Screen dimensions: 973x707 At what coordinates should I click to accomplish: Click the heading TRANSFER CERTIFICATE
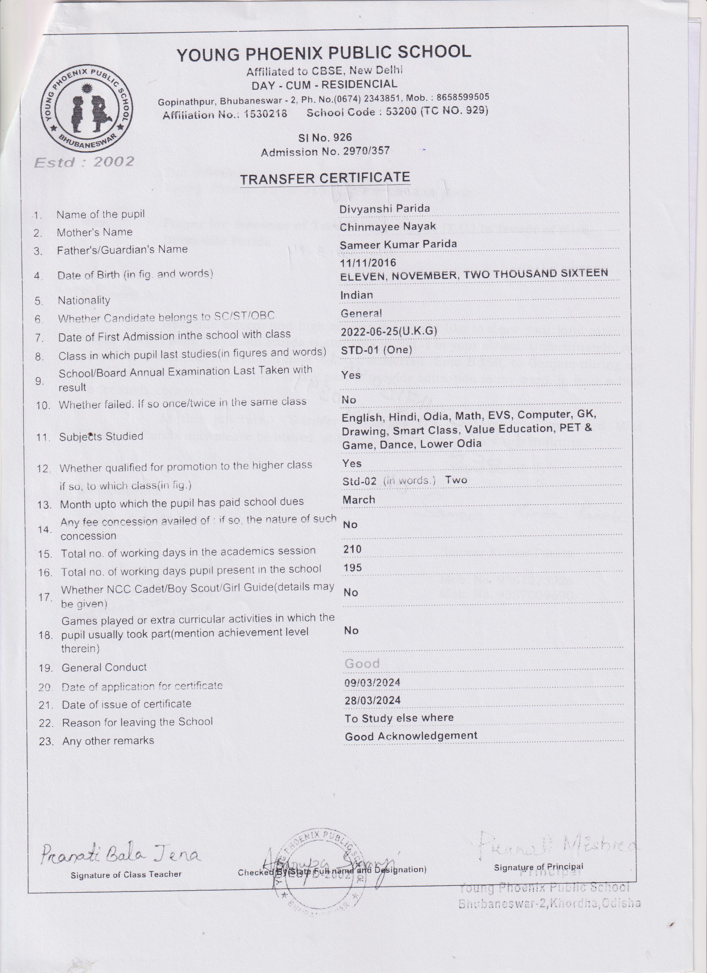point(325,178)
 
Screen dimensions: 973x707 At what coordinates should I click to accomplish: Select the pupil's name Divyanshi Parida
point(384,209)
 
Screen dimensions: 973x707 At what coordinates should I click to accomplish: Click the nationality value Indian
point(356,295)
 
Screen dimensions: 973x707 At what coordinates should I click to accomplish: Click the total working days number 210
point(352,549)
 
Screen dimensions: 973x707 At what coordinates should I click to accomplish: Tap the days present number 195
point(352,568)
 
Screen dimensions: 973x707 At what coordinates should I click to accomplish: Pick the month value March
point(359,500)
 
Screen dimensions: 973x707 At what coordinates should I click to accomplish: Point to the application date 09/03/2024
point(372,683)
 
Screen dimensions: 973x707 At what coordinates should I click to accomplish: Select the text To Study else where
point(399,718)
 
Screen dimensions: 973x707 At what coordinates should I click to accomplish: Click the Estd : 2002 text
point(84,162)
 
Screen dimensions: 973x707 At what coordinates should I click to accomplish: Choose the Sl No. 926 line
point(325,138)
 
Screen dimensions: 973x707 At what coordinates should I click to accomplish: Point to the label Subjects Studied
point(101,437)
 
